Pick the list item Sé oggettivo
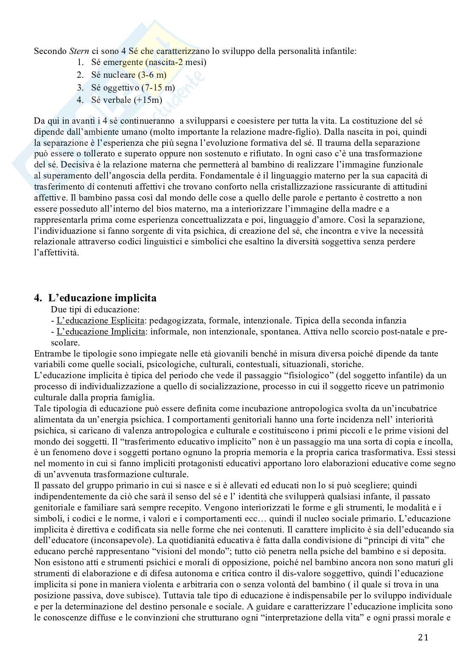click(x=133, y=88)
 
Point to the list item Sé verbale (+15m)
click(x=127, y=101)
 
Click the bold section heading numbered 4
click(x=95, y=298)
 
